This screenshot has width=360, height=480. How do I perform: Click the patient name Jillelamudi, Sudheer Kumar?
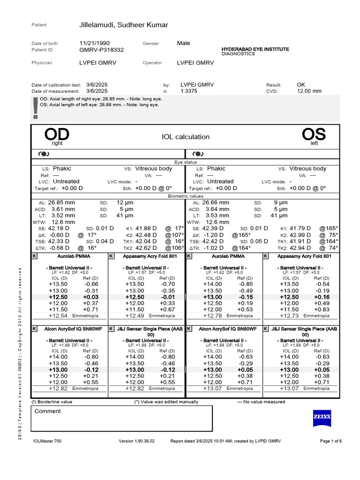click(x=124, y=25)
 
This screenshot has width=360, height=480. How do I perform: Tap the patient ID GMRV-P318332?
click(x=102, y=49)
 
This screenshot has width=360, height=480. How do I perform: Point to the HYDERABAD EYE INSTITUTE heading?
click(x=255, y=49)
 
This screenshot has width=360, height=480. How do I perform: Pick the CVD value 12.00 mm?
click(x=309, y=91)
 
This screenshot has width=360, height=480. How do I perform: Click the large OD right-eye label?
click(x=57, y=135)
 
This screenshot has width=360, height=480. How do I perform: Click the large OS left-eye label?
click(x=314, y=135)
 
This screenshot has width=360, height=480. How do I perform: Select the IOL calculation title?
click(x=186, y=137)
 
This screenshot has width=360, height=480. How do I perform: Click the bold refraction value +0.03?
click(x=91, y=297)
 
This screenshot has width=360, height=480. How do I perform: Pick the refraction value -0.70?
click(x=168, y=284)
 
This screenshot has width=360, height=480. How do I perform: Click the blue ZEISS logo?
click(x=322, y=417)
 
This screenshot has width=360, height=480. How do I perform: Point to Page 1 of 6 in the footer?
click(x=330, y=441)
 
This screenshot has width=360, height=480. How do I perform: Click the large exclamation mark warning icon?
click(x=36, y=108)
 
